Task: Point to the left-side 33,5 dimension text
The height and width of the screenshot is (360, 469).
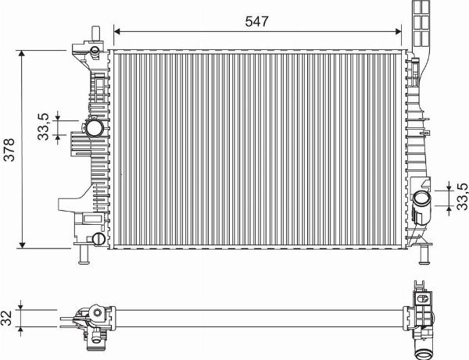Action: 45,127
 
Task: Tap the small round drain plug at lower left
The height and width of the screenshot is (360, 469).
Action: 98,239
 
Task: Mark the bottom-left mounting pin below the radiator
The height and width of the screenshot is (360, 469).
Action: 83,256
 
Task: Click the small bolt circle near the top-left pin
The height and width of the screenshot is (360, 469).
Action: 94,52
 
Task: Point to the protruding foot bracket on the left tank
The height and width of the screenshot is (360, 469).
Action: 67,205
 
